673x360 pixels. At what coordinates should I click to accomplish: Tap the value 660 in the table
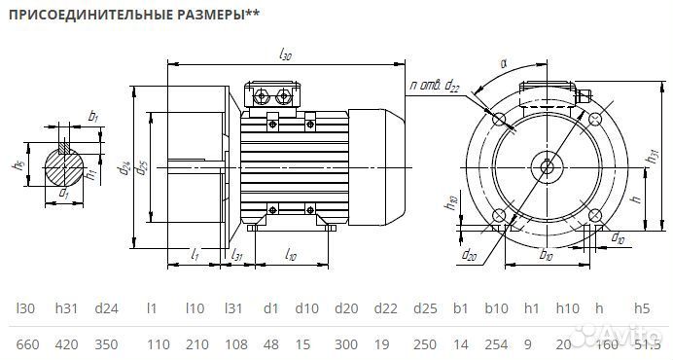pyautogui.click(x=26, y=345)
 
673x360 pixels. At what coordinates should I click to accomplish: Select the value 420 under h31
pyautogui.click(x=67, y=345)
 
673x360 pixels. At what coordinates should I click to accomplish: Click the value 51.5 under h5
pyautogui.click(x=642, y=345)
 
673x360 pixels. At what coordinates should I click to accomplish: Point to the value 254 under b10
pyautogui.click(x=496, y=345)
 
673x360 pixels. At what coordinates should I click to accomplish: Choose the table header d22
pyautogui.click(x=386, y=308)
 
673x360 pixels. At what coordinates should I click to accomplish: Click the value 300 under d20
pyautogui.click(x=345, y=345)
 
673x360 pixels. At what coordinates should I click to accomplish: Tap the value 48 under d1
pyautogui.click(x=270, y=345)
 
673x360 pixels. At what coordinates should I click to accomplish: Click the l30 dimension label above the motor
pyautogui.click(x=285, y=55)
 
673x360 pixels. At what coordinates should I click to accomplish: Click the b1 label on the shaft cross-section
pyautogui.click(x=93, y=117)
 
